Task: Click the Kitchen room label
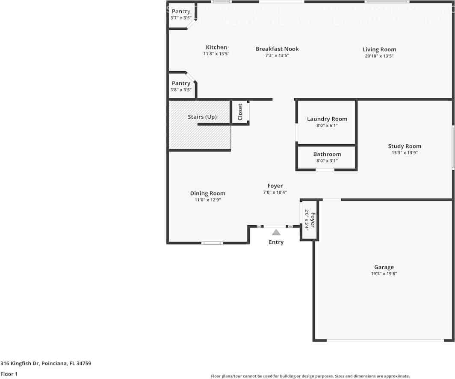coord(216,47)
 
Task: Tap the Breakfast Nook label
coord(277,49)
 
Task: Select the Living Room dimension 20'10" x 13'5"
coord(379,56)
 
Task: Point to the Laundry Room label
coord(327,119)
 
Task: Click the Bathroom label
coord(327,154)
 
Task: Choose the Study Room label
coord(405,146)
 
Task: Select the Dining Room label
coord(208,193)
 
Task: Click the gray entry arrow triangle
coord(276,233)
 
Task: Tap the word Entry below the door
coord(276,242)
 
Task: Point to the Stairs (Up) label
coord(202,117)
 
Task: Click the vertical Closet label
coord(240,112)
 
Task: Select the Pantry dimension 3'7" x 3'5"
coord(181,18)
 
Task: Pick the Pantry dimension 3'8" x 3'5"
coord(181,90)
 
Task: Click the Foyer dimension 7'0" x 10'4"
coord(275,192)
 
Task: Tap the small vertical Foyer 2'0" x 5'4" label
coord(310,220)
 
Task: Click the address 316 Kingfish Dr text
coord(46,364)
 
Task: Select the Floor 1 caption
coord(9,374)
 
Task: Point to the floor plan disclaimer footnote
coord(310,376)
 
